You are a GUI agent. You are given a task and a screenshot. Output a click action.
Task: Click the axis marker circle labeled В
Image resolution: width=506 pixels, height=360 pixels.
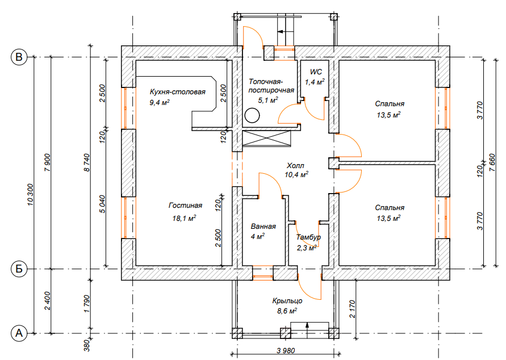coord(19,57)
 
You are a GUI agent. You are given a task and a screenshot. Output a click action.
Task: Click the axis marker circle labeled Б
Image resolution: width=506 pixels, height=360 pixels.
coord(19,269)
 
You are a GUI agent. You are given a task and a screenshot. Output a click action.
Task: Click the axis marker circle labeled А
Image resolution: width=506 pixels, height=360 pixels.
coord(19,333)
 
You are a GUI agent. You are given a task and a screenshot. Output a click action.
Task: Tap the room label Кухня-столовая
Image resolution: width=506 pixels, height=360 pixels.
coord(178,92)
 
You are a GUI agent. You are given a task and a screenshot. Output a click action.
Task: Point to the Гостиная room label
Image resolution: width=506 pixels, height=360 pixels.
coord(185,206)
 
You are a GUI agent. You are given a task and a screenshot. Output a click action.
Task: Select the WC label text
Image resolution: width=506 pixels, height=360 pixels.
coord(316,72)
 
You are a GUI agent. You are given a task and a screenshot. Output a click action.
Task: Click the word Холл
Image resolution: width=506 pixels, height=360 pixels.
coord(295,166)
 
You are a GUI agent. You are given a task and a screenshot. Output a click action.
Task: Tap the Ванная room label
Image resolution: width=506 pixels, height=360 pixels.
coord(264,227)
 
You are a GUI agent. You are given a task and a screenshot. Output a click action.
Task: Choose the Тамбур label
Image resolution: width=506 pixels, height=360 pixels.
coord(308,237)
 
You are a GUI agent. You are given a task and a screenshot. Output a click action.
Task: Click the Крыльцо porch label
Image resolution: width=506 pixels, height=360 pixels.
coord(287,301)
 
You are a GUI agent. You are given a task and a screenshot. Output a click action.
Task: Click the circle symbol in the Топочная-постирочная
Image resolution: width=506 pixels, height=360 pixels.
coord(252,115)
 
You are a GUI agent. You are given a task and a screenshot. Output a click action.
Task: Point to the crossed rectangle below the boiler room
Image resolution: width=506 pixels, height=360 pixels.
coord(266,139)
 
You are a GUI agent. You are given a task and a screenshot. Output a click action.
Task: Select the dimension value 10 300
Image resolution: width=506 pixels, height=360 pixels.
coord(30,195)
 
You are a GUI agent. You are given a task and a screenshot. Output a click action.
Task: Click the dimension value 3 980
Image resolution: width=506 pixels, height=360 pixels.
coord(286,351)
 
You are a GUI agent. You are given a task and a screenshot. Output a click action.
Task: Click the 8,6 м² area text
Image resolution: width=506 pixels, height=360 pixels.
coord(287,311)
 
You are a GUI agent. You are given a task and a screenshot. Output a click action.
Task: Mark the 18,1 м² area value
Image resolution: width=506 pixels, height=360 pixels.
coord(184,219)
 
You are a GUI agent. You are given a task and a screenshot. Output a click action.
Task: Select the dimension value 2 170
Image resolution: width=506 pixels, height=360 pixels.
coord(352,309)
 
